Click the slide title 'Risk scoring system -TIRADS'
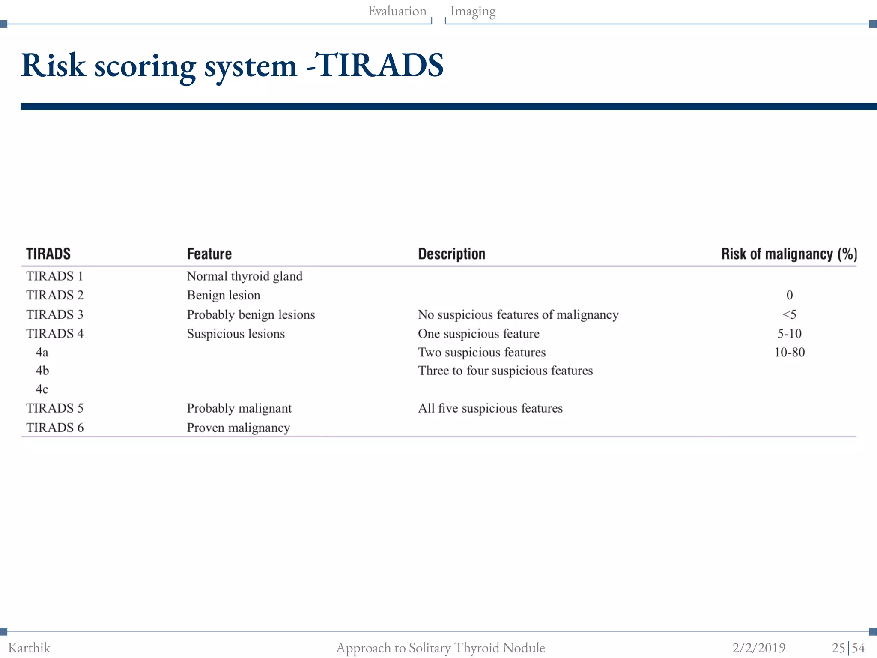point(232,66)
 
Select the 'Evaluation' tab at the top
point(397,11)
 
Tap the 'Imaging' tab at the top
point(473,11)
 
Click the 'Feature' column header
point(209,254)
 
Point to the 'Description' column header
point(451,254)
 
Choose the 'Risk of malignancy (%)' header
point(789,254)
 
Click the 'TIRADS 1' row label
point(55,276)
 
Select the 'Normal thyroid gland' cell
point(245,276)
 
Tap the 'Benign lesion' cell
point(224,295)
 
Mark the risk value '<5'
point(789,315)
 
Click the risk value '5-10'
point(789,334)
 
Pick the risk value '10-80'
point(789,353)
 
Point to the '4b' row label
point(42,371)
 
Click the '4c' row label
point(42,389)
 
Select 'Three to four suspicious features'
point(505,371)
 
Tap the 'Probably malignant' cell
point(239,408)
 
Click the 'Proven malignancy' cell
point(239,428)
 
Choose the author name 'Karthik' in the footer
point(29,648)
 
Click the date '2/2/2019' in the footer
point(759,648)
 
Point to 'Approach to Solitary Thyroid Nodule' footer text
point(440,648)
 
